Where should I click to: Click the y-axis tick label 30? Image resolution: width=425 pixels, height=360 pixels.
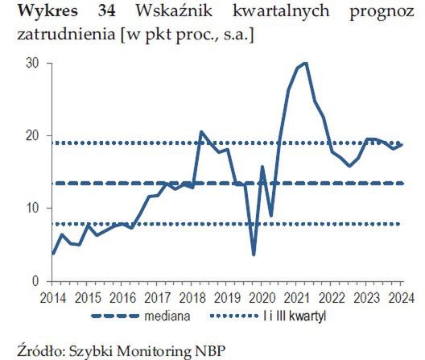tap(33, 63)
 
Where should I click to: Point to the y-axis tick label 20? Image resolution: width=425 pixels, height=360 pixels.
tap(33, 136)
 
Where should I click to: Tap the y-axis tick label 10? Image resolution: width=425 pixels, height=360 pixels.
tap(33, 209)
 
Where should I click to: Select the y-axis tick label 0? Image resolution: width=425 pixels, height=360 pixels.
tap(36, 282)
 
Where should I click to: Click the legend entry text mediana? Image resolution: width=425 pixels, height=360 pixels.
tap(167, 316)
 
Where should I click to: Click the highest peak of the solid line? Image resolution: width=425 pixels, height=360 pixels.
tap(306, 63)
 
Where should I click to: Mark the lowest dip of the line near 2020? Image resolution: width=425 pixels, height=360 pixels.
tap(254, 254)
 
